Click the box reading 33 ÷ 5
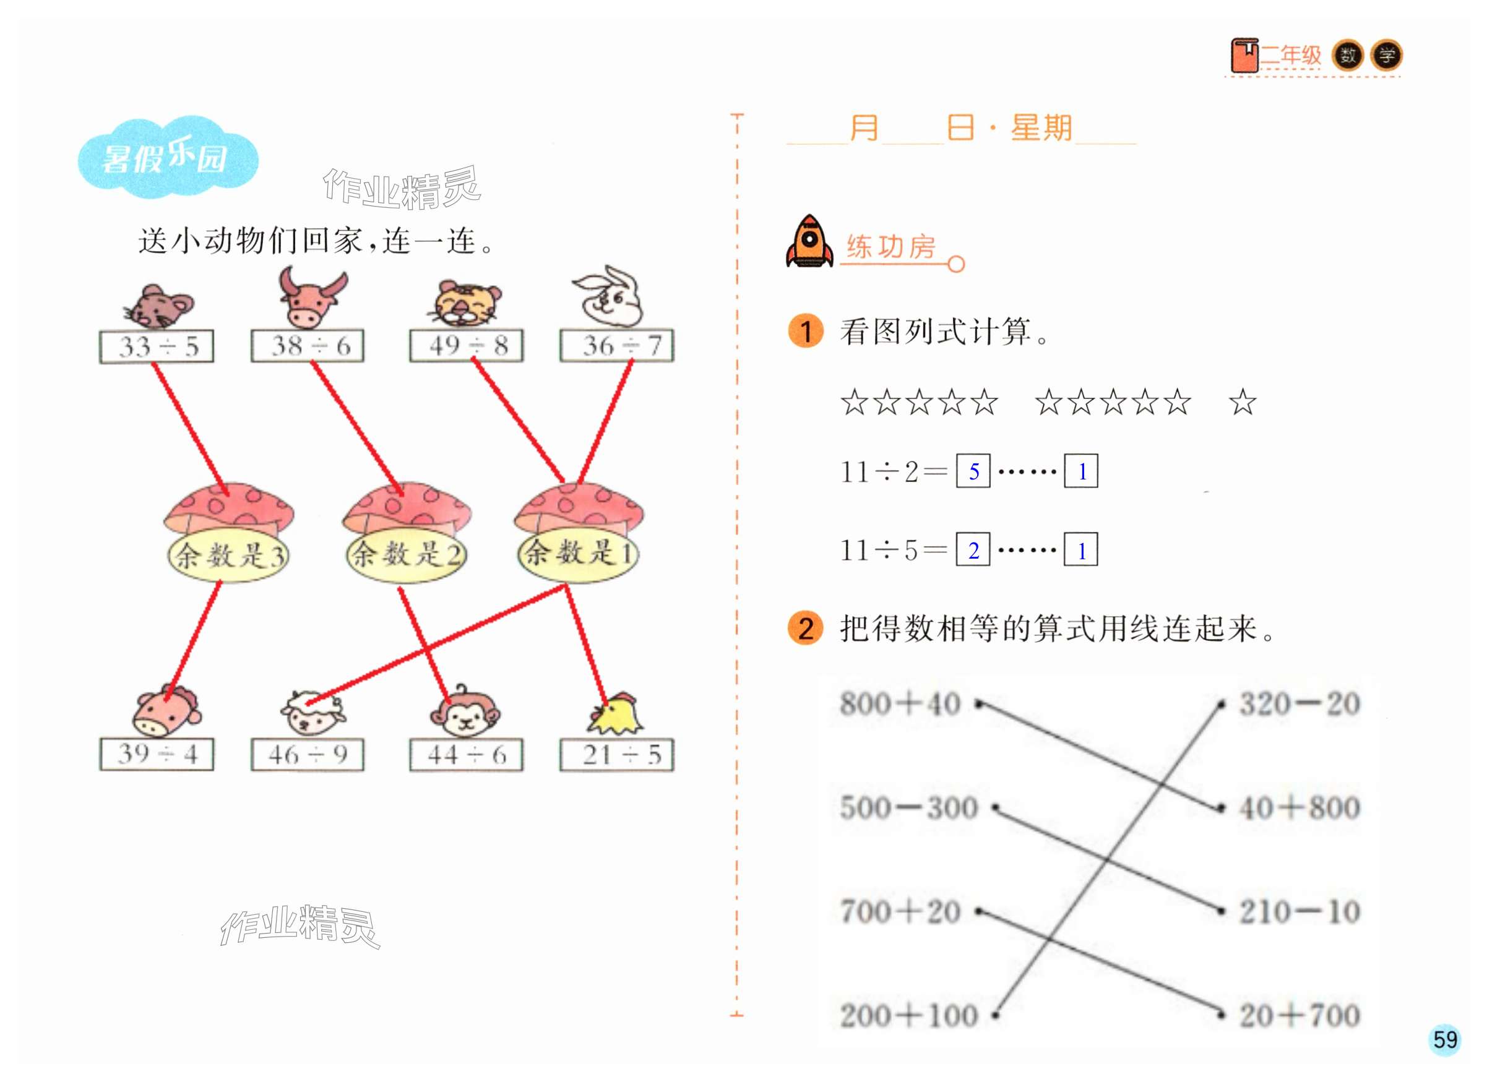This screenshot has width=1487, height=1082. click(x=157, y=346)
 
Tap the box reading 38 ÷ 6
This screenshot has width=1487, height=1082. click(x=308, y=346)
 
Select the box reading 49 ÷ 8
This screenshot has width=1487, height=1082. click(x=466, y=346)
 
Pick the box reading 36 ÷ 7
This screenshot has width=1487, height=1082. click(x=617, y=346)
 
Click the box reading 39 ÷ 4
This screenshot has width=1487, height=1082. click(x=157, y=754)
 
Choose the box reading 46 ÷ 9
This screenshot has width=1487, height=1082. click(x=308, y=755)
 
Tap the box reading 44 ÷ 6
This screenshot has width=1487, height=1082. click(x=466, y=755)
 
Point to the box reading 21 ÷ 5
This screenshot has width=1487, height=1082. click(x=617, y=755)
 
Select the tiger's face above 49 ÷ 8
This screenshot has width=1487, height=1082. click(x=466, y=303)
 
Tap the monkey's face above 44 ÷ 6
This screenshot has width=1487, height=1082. click(x=465, y=715)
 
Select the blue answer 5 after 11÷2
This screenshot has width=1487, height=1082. click(x=973, y=471)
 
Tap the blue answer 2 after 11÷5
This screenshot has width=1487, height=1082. click(x=973, y=550)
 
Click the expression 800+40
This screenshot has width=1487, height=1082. click(x=901, y=704)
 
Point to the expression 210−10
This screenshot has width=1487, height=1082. click(x=1299, y=912)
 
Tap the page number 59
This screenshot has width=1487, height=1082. click(x=1444, y=1040)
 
